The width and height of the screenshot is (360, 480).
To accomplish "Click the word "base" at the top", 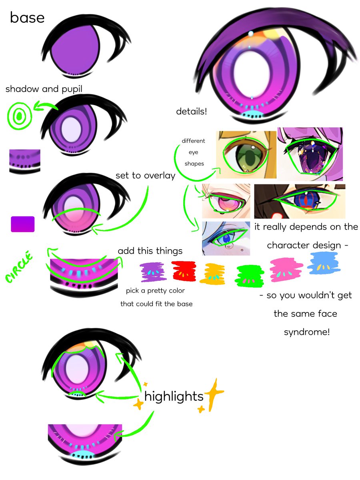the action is [x=27, y=18].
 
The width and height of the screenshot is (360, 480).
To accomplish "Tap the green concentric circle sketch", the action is [x=20, y=116].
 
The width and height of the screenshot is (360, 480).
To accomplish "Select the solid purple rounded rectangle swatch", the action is [x=23, y=224].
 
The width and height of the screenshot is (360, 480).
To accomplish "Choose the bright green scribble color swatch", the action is [x=249, y=276].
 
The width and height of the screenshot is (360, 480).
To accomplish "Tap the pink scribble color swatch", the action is [x=286, y=270].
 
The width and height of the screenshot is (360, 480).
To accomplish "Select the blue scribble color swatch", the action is [x=324, y=263].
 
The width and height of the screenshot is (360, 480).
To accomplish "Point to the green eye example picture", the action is [x=246, y=155].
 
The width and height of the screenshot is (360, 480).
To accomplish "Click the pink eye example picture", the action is [x=226, y=201].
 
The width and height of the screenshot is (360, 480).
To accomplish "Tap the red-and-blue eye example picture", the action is [x=300, y=201].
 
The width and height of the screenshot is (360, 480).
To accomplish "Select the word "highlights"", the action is [x=174, y=396].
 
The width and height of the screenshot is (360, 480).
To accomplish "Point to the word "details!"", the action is [x=192, y=112].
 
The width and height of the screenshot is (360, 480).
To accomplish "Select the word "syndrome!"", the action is [x=307, y=332].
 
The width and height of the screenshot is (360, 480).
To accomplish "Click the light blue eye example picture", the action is [x=226, y=238].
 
